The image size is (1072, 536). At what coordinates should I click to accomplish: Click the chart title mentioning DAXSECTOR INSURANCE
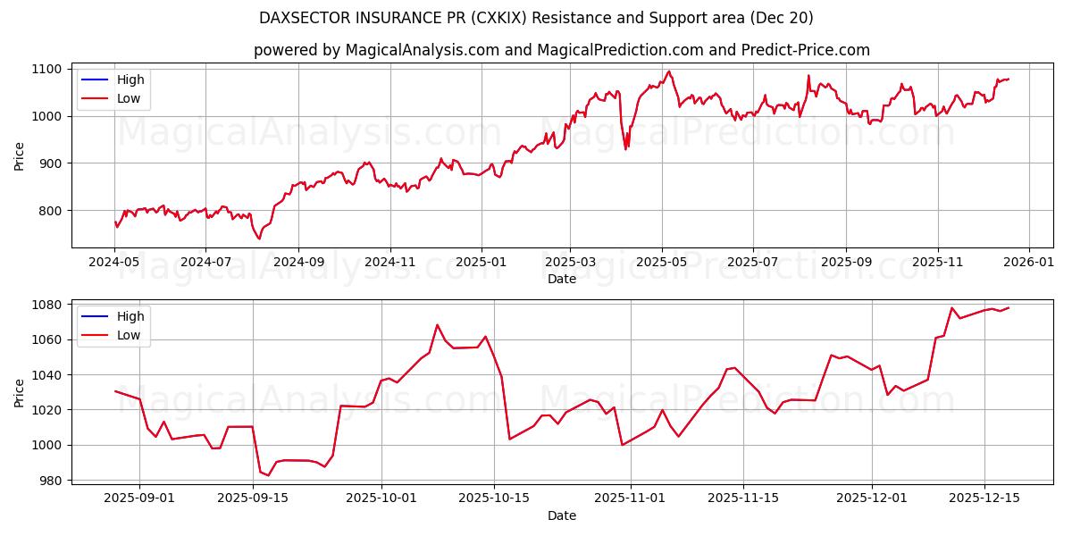pyautogui.click(x=536, y=18)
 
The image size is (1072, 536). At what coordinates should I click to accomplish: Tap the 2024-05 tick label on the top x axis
pyautogui.click(x=114, y=264)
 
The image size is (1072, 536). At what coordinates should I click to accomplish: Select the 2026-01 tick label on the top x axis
pyautogui.click(x=1029, y=264)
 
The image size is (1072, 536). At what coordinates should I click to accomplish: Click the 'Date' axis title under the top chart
pyautogui.click(x=561, y=279)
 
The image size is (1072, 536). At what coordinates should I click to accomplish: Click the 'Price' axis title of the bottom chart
pyautogui.click(x=20, y=392)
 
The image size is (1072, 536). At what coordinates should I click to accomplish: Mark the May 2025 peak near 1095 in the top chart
pyautogui.click(x=669, y=71)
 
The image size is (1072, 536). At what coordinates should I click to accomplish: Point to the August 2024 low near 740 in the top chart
pyautogui.click(x=259, y=239)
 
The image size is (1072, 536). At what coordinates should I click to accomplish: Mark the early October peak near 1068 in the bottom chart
pyautogui.click(x=437, y=325)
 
